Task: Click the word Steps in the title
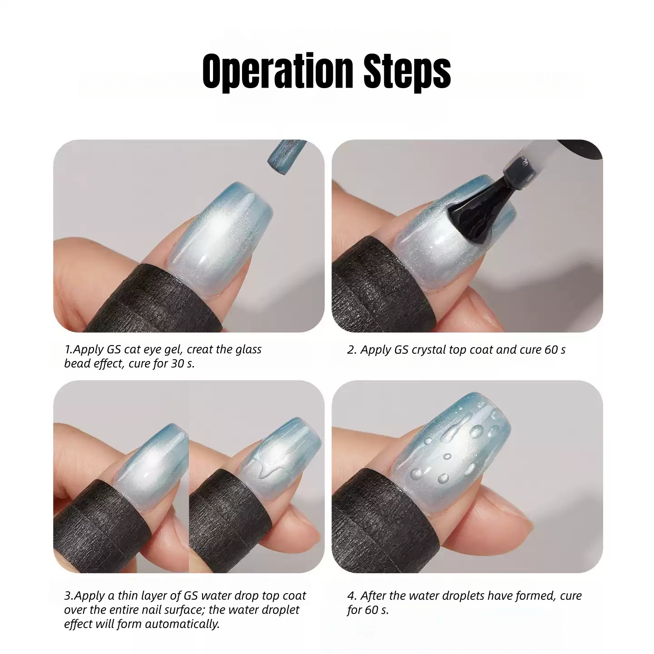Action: (407, 72)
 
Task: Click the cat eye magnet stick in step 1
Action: (287, 157)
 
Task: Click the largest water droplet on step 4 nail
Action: (476, 431)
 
